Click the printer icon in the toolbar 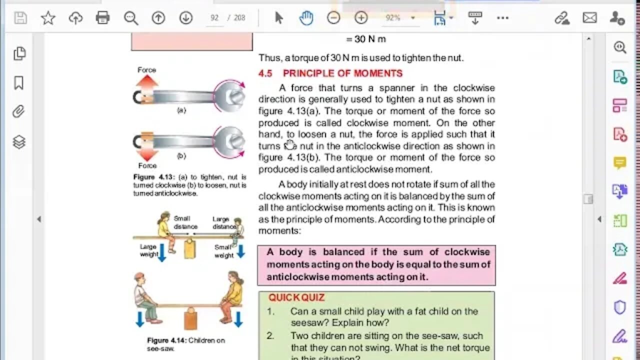(102, 18)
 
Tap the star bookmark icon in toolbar (48, 18)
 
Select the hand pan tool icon (306, 18)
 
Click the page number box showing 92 (214, 18)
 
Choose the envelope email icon (590, 18)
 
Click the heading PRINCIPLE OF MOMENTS (342, 73)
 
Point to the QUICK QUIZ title (296, 297)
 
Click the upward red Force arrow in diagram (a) (147, 81)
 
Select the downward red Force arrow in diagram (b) (147, 154)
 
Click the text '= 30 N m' (366, 39)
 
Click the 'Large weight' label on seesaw (148, 250)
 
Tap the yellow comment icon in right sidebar (620, 163)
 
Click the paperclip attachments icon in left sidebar (19, 111)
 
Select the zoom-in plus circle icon (361, 18)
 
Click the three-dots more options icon (502, 18)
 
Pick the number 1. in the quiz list (270, 311)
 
